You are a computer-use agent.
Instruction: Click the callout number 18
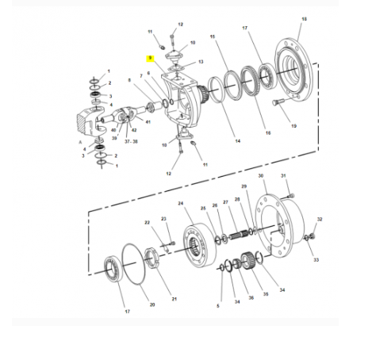click(x=304, y=18)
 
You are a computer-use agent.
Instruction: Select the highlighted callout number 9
click(x=148, y=57)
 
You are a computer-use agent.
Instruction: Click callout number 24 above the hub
click(x=181, y=204)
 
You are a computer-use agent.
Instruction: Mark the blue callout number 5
click(x=218, y=305)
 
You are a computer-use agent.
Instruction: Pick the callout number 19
click(x=293, y=125)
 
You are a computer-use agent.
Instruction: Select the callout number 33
click(x=316, y=259)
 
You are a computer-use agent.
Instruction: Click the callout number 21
click(x=174, y=298)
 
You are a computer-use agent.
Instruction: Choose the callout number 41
click(x=148, y=121)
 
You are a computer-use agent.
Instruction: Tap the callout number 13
click(x=201, y=61)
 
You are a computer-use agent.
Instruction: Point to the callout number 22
click(x=147, y=223)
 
